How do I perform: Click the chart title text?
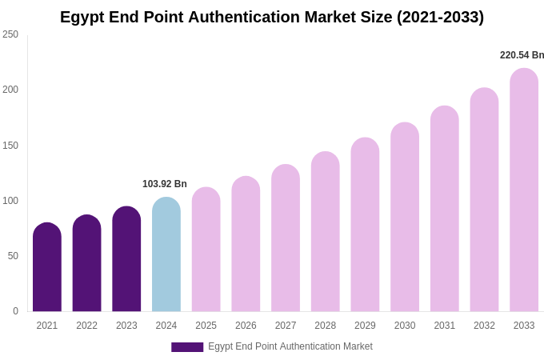coord(272,17)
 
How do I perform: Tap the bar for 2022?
coord(86,263)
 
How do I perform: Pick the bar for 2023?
coord(126,259)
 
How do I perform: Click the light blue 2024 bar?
coord(166,254)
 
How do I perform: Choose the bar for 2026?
coord(246,244)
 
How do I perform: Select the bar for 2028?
coord(326,232)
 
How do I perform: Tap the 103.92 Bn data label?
coord(165,184)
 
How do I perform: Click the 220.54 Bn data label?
coord(522,55)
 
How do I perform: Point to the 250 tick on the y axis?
coord(10,34)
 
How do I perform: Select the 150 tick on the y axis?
coord(10,146)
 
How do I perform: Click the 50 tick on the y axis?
coord(13,256)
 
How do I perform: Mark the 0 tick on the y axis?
coord(15,311)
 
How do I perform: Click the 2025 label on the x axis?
coord(206,326)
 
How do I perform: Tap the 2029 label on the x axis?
coord(365,326)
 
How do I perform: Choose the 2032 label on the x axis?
coord(484,326)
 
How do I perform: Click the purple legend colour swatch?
coord(187,347)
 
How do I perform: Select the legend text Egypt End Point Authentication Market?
coord(290,346)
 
